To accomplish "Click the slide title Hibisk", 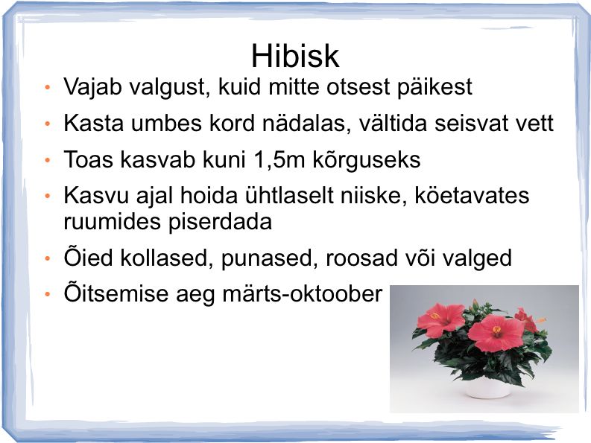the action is (295, 56).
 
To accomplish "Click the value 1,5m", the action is (279, 159).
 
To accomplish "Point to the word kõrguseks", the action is (367, 159).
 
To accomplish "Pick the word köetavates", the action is (472, 196).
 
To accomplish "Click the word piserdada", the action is (220, 222).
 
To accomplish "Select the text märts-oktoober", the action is (303, 293).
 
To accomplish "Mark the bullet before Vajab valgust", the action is (48, 88).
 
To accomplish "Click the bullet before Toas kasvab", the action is (48, 160).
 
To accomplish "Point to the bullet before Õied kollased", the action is (48, 259).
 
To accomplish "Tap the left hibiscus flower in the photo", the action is (440, 321).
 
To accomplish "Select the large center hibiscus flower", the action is (491, 334).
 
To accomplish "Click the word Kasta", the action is (93, 123).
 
